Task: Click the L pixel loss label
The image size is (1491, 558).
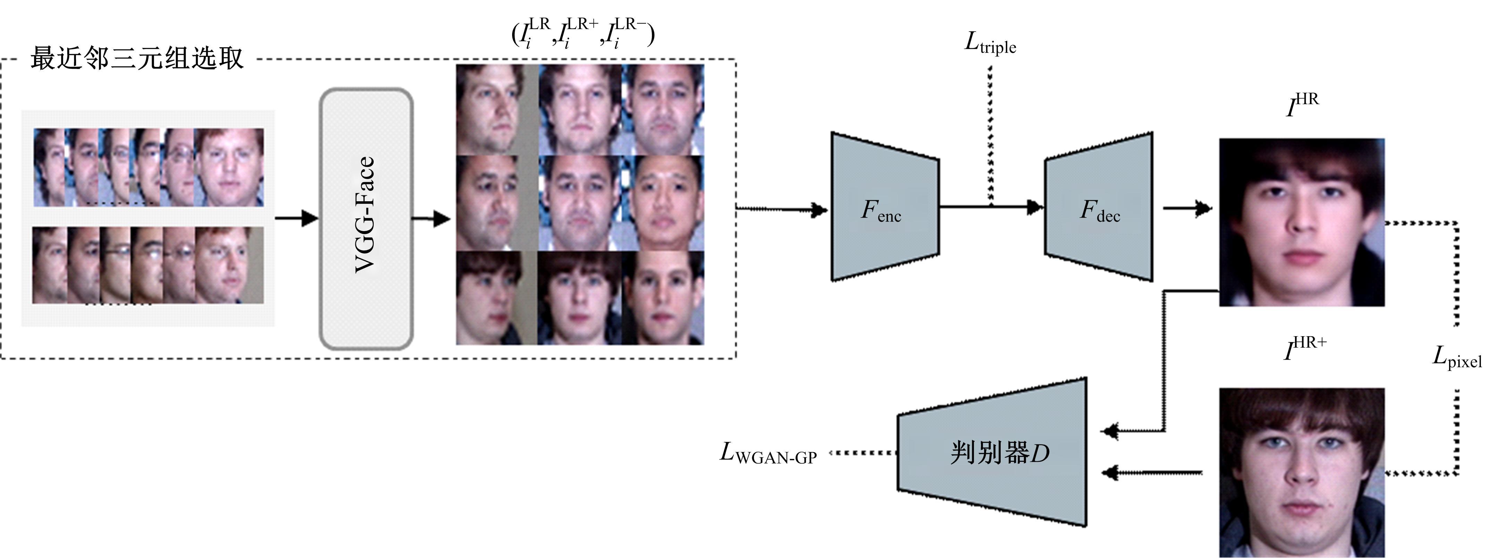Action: pos(1456,358)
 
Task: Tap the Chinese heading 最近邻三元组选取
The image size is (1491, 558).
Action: pos(137,58)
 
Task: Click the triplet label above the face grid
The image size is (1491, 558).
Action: pos(583,33)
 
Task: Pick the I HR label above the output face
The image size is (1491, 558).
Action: pos(1302,105)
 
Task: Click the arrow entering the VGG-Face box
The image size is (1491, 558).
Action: pos(296,218)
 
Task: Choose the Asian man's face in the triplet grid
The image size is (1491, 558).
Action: pos(663,203)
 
